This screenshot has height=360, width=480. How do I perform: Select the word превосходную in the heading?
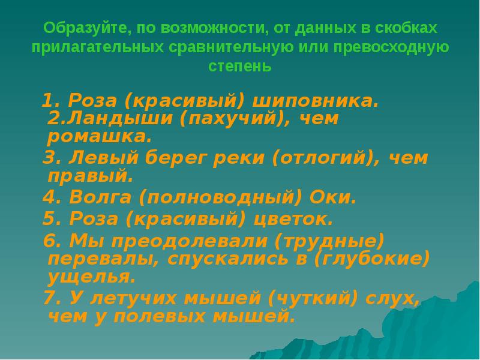coord(391,47)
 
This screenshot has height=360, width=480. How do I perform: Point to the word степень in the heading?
coord(240,66)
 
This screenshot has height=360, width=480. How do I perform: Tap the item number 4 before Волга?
coord(49,197)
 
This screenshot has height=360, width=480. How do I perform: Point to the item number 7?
coord(50,298)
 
